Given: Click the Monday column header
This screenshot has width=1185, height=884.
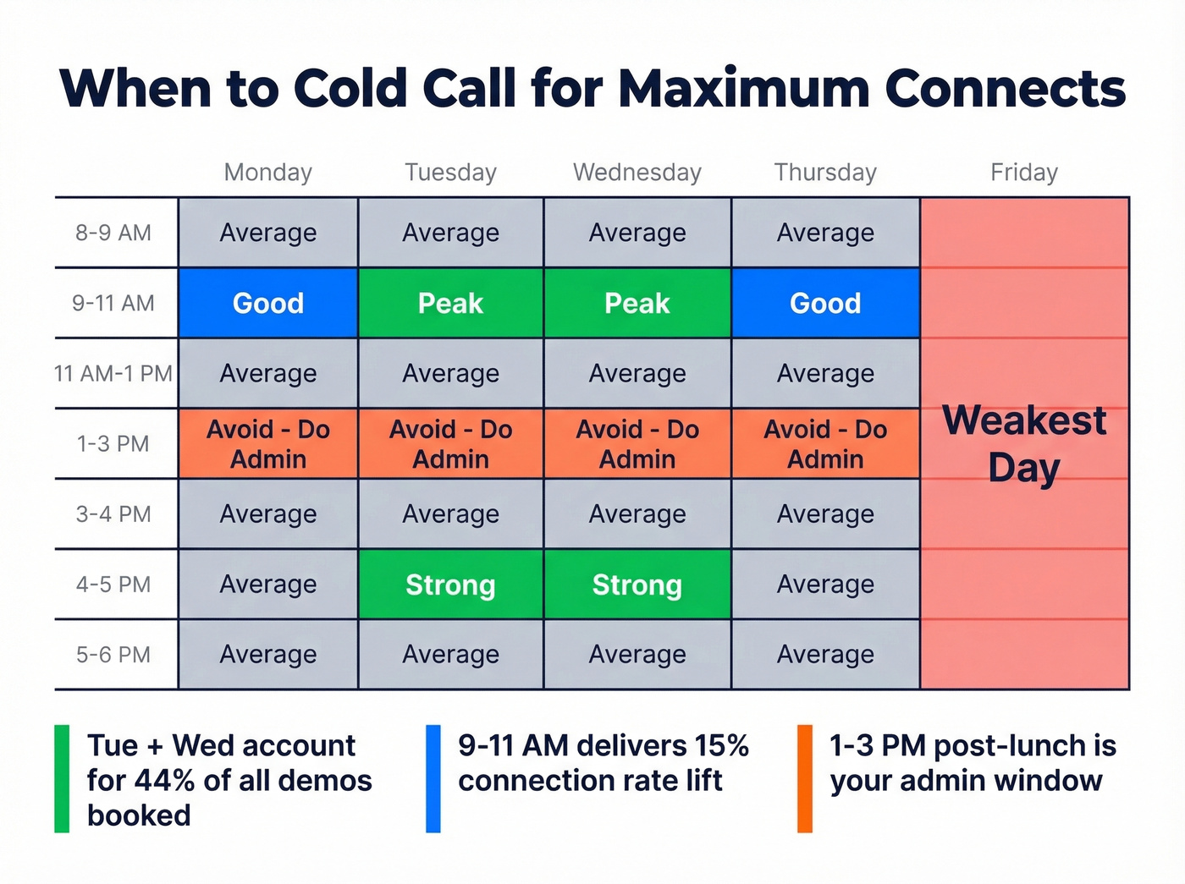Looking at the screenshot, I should [x=267, y=173].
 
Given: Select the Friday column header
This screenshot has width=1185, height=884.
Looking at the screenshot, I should [x=1024, y=173].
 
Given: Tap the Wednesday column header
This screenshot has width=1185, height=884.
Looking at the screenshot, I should [x=637, y=173].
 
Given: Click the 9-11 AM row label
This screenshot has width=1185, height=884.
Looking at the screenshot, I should [x=113, y=303].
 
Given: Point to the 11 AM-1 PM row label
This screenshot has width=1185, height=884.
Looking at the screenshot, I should [x=113, y=373].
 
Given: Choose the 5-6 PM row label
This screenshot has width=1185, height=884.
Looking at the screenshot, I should [x=113, y=655].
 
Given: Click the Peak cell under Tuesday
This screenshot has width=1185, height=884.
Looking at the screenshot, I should [x=450, y=303].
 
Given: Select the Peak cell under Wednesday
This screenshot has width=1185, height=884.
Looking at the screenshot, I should [x=637, y=303].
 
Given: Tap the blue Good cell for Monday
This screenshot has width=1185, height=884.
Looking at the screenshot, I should [x=267, y=303].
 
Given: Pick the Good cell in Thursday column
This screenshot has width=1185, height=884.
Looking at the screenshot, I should [x=825, y=303].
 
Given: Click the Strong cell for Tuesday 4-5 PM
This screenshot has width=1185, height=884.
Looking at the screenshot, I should [x=450, y=585].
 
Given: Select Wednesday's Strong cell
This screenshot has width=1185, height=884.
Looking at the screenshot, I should [x=637, y=585].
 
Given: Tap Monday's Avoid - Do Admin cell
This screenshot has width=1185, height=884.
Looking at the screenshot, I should [x=267, y=444].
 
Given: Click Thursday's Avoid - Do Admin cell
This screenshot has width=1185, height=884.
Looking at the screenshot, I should [x=825, y=444].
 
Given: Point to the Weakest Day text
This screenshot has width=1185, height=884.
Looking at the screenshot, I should [x=1024, y=443].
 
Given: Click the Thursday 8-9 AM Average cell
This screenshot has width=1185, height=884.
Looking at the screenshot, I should [x=825, y=233].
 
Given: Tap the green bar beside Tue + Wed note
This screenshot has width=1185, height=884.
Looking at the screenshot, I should [x=62, y=779].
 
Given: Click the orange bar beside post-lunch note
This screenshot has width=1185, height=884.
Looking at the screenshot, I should [x=805, y=779].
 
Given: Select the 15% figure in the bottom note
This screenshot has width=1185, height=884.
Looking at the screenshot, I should [x=721, y=745].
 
